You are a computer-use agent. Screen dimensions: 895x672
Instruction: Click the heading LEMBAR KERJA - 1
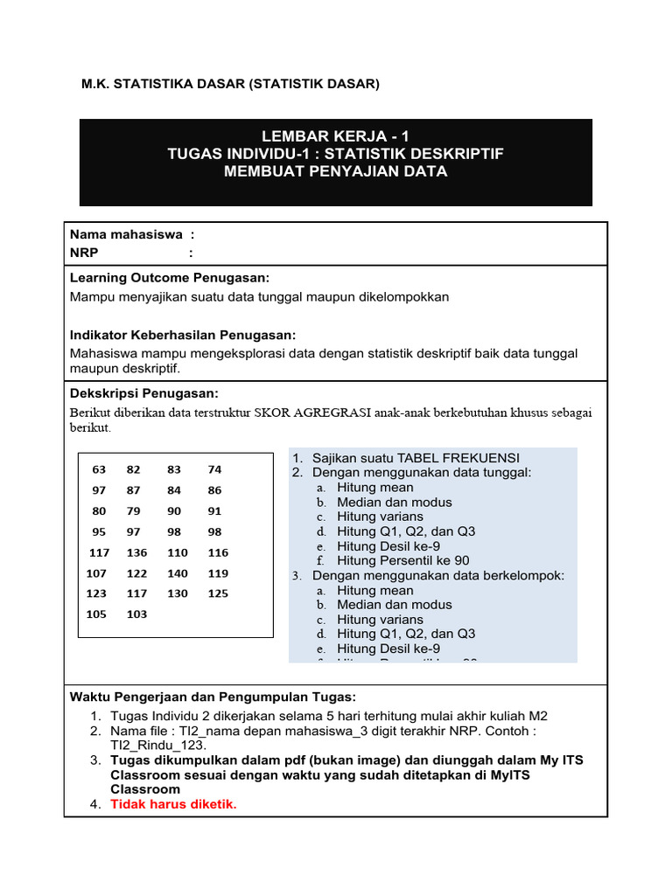(335, 135)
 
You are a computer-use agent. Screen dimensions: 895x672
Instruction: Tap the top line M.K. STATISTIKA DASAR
(231, 84)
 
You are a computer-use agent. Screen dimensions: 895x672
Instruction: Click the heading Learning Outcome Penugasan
(169, 277)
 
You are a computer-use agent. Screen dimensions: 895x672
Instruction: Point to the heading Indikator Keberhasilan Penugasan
(182, 335)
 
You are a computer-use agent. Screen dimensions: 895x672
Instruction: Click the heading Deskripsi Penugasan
(143, 393)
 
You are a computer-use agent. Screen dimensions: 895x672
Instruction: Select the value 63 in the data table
(99, 469)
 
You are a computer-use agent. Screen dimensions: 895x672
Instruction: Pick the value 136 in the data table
(137, 552)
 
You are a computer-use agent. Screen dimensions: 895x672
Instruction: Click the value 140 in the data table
(177, 573)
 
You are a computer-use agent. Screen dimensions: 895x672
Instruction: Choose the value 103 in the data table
(137, 614)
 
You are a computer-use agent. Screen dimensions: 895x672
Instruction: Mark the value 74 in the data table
(214, 469)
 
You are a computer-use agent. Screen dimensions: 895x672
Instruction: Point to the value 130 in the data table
(177, 593)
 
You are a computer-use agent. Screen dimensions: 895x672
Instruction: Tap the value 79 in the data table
(134, 511)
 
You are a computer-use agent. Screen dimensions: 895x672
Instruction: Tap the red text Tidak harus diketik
(173, 804)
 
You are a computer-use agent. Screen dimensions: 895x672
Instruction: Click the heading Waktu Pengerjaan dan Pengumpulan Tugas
(213, 697)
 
